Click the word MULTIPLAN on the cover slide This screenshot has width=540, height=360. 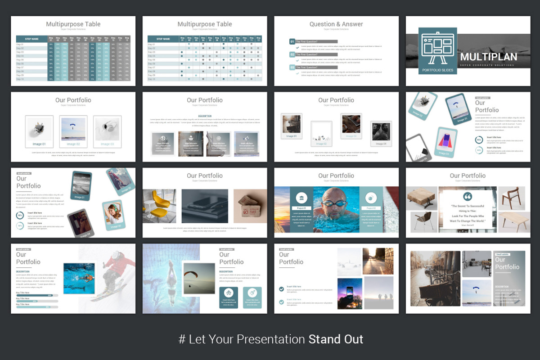(x=488, y=57)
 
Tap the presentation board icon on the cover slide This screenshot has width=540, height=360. (x=437, y=48)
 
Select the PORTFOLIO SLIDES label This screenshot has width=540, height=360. (x=437, y=70)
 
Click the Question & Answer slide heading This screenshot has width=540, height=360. (x=336, y=24)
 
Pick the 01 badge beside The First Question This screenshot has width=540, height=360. (x=292, y=42)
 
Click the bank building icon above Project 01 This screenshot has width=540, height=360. (x=301, y=198)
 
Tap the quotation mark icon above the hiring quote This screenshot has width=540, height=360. (x=468, y=197)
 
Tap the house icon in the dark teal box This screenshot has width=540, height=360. (x=229, y=293)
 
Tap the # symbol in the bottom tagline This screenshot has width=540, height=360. (x=182, y=339)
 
